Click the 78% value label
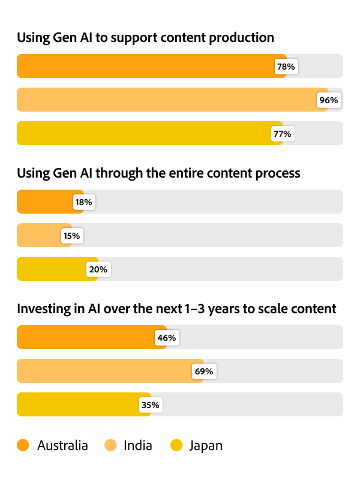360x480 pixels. click(286, 67)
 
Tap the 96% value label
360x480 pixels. click(329, 100)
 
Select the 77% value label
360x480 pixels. click(282, 134)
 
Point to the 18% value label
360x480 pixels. click(83, 202)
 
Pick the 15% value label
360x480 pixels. click(71, 236)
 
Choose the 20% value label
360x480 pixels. click(98, 269)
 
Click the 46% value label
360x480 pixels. click(166, 338)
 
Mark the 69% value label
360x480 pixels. click(203, 371)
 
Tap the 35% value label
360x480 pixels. click(150, 405)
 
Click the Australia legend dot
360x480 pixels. click(23, 445)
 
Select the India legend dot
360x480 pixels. click(110, 445)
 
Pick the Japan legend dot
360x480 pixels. click(176, 445)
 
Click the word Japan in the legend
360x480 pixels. click(206, 446)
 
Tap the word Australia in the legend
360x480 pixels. click(62, 446)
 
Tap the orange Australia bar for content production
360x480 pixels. click(144, 67)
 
